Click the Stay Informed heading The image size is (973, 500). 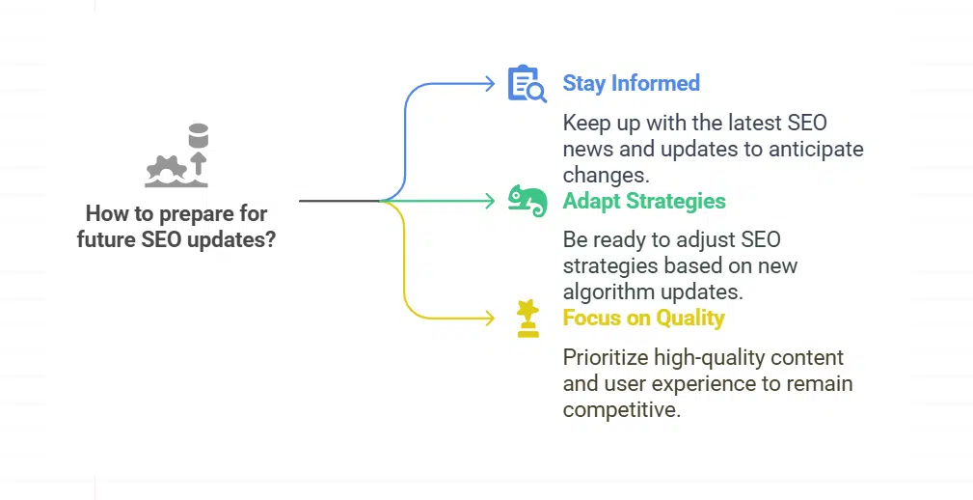pos(631,84)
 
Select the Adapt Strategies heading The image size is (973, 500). pos(644,201)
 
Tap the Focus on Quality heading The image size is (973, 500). pos(643,318)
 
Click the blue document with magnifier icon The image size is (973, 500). pos(527,85)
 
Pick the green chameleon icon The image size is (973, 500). pos(527,200)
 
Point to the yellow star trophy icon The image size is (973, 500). pos(527,318)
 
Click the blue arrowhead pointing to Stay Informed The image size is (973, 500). pos(490,84)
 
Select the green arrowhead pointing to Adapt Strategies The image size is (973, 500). pos(490,201)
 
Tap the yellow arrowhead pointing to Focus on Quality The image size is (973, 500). pos(490,318)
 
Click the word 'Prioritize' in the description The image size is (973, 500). pos(606,358)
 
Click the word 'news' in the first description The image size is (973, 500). pos(585,150)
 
